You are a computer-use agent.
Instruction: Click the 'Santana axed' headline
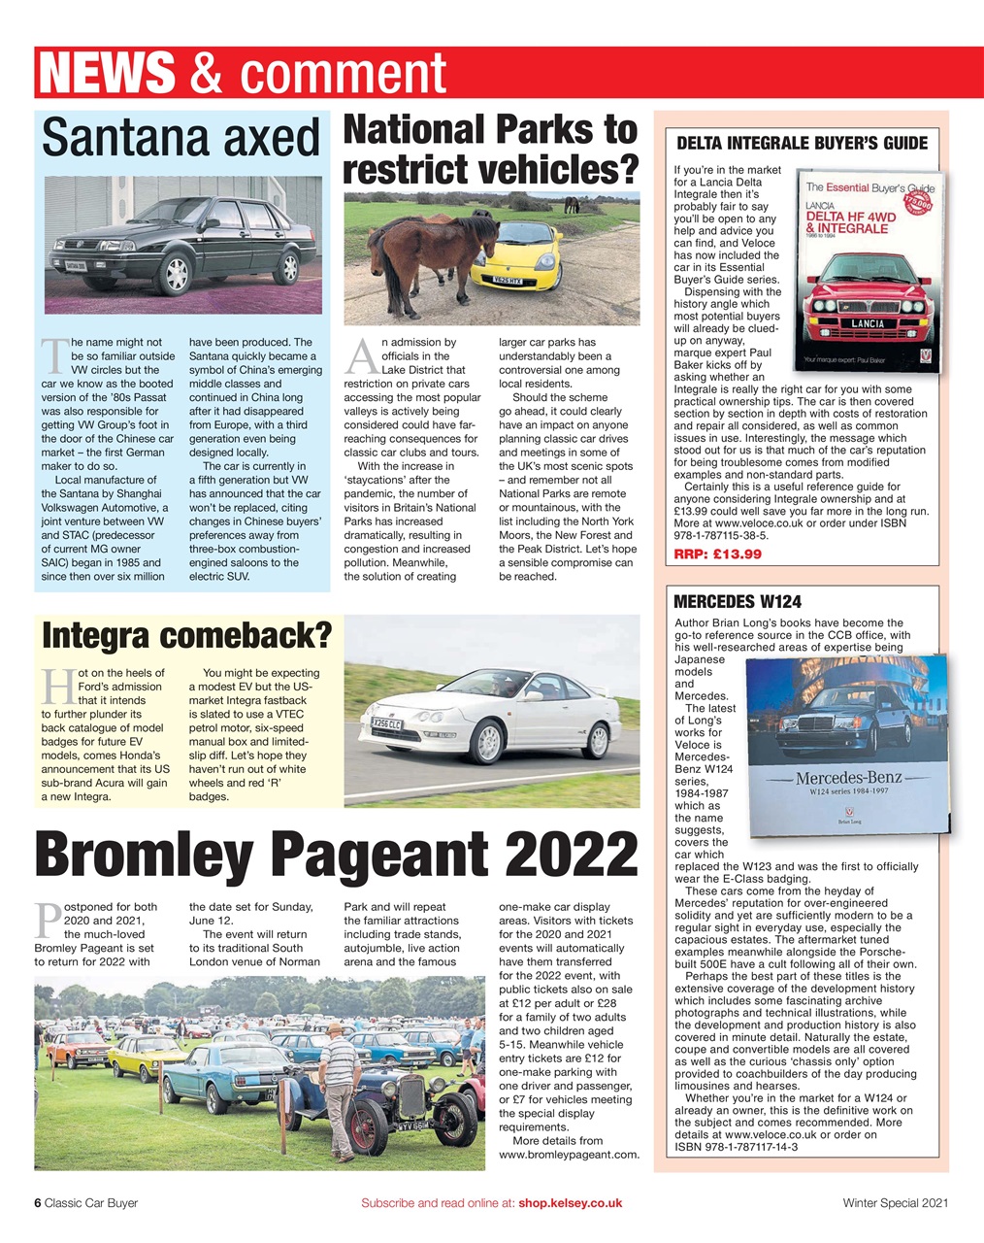[x=180, y=138]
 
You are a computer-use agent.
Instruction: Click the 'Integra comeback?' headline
[x=186, y=636]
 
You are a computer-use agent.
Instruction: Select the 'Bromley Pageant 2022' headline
[x=335, y=855]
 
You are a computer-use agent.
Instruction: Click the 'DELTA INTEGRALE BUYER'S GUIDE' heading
[x=802, y=144]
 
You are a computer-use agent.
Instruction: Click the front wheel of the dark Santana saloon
[x=177, y=275]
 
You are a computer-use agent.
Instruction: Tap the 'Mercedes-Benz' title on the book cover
[x=849, y=778]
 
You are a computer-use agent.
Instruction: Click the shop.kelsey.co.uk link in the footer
[x=570, y=1203]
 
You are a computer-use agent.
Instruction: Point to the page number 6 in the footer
[x=38, y=1203]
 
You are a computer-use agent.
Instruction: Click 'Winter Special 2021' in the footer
[x=895, y=1203]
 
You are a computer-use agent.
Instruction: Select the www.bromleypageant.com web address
[x=569, y=1155]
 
